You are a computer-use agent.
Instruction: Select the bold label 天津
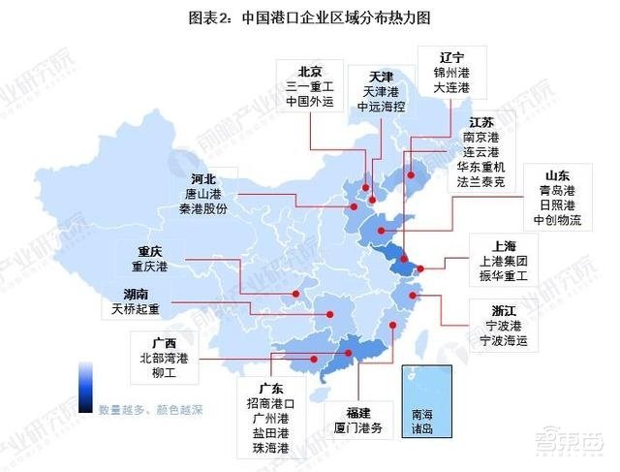point(381,76)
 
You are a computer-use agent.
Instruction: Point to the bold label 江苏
point(481,122)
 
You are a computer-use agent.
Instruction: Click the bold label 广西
point(163,342)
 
